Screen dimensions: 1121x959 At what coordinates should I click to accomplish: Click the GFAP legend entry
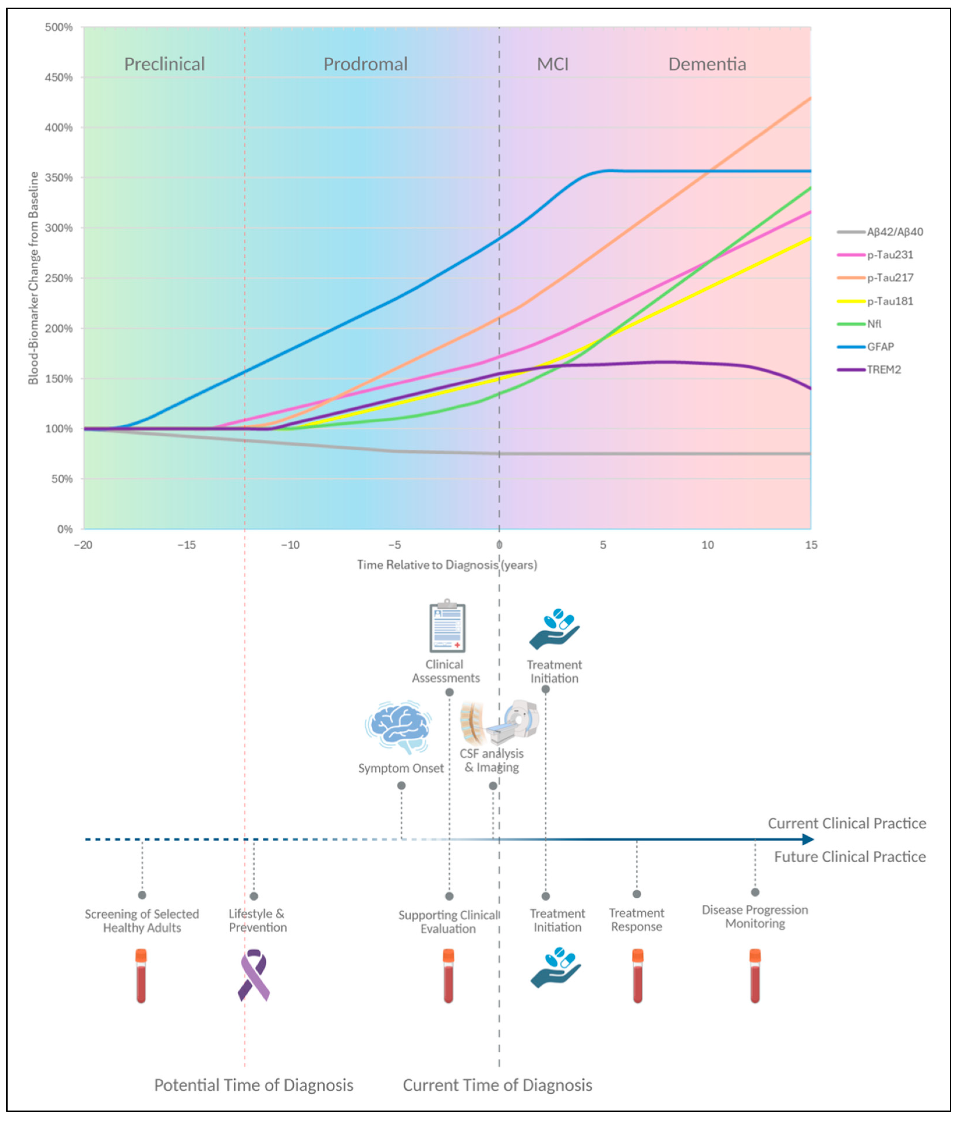(x=880, y=347)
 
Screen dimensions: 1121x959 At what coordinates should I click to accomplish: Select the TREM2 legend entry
(x=883, y=370)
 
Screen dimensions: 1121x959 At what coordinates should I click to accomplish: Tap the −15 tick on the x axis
(x=187, y=545)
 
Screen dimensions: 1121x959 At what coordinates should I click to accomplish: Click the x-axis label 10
(x=708, y=545)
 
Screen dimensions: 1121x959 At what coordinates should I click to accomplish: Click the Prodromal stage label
(x=365, y=64)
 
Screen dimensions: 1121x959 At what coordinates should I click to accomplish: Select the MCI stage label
(x=552, y=64)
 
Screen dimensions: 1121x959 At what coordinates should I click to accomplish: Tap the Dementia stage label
(x=707, y=64)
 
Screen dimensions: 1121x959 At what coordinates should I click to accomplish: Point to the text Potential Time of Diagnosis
(x=254, y=1085)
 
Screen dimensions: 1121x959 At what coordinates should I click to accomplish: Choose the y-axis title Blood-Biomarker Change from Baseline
(x=33, y=278)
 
